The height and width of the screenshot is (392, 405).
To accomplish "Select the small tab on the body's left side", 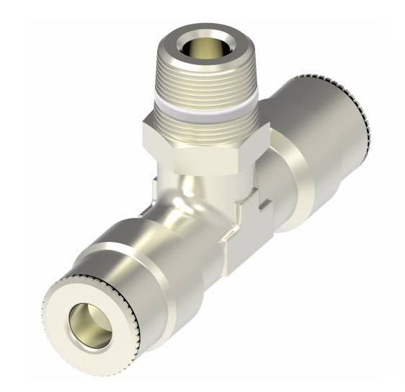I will [x=157, y=185].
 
